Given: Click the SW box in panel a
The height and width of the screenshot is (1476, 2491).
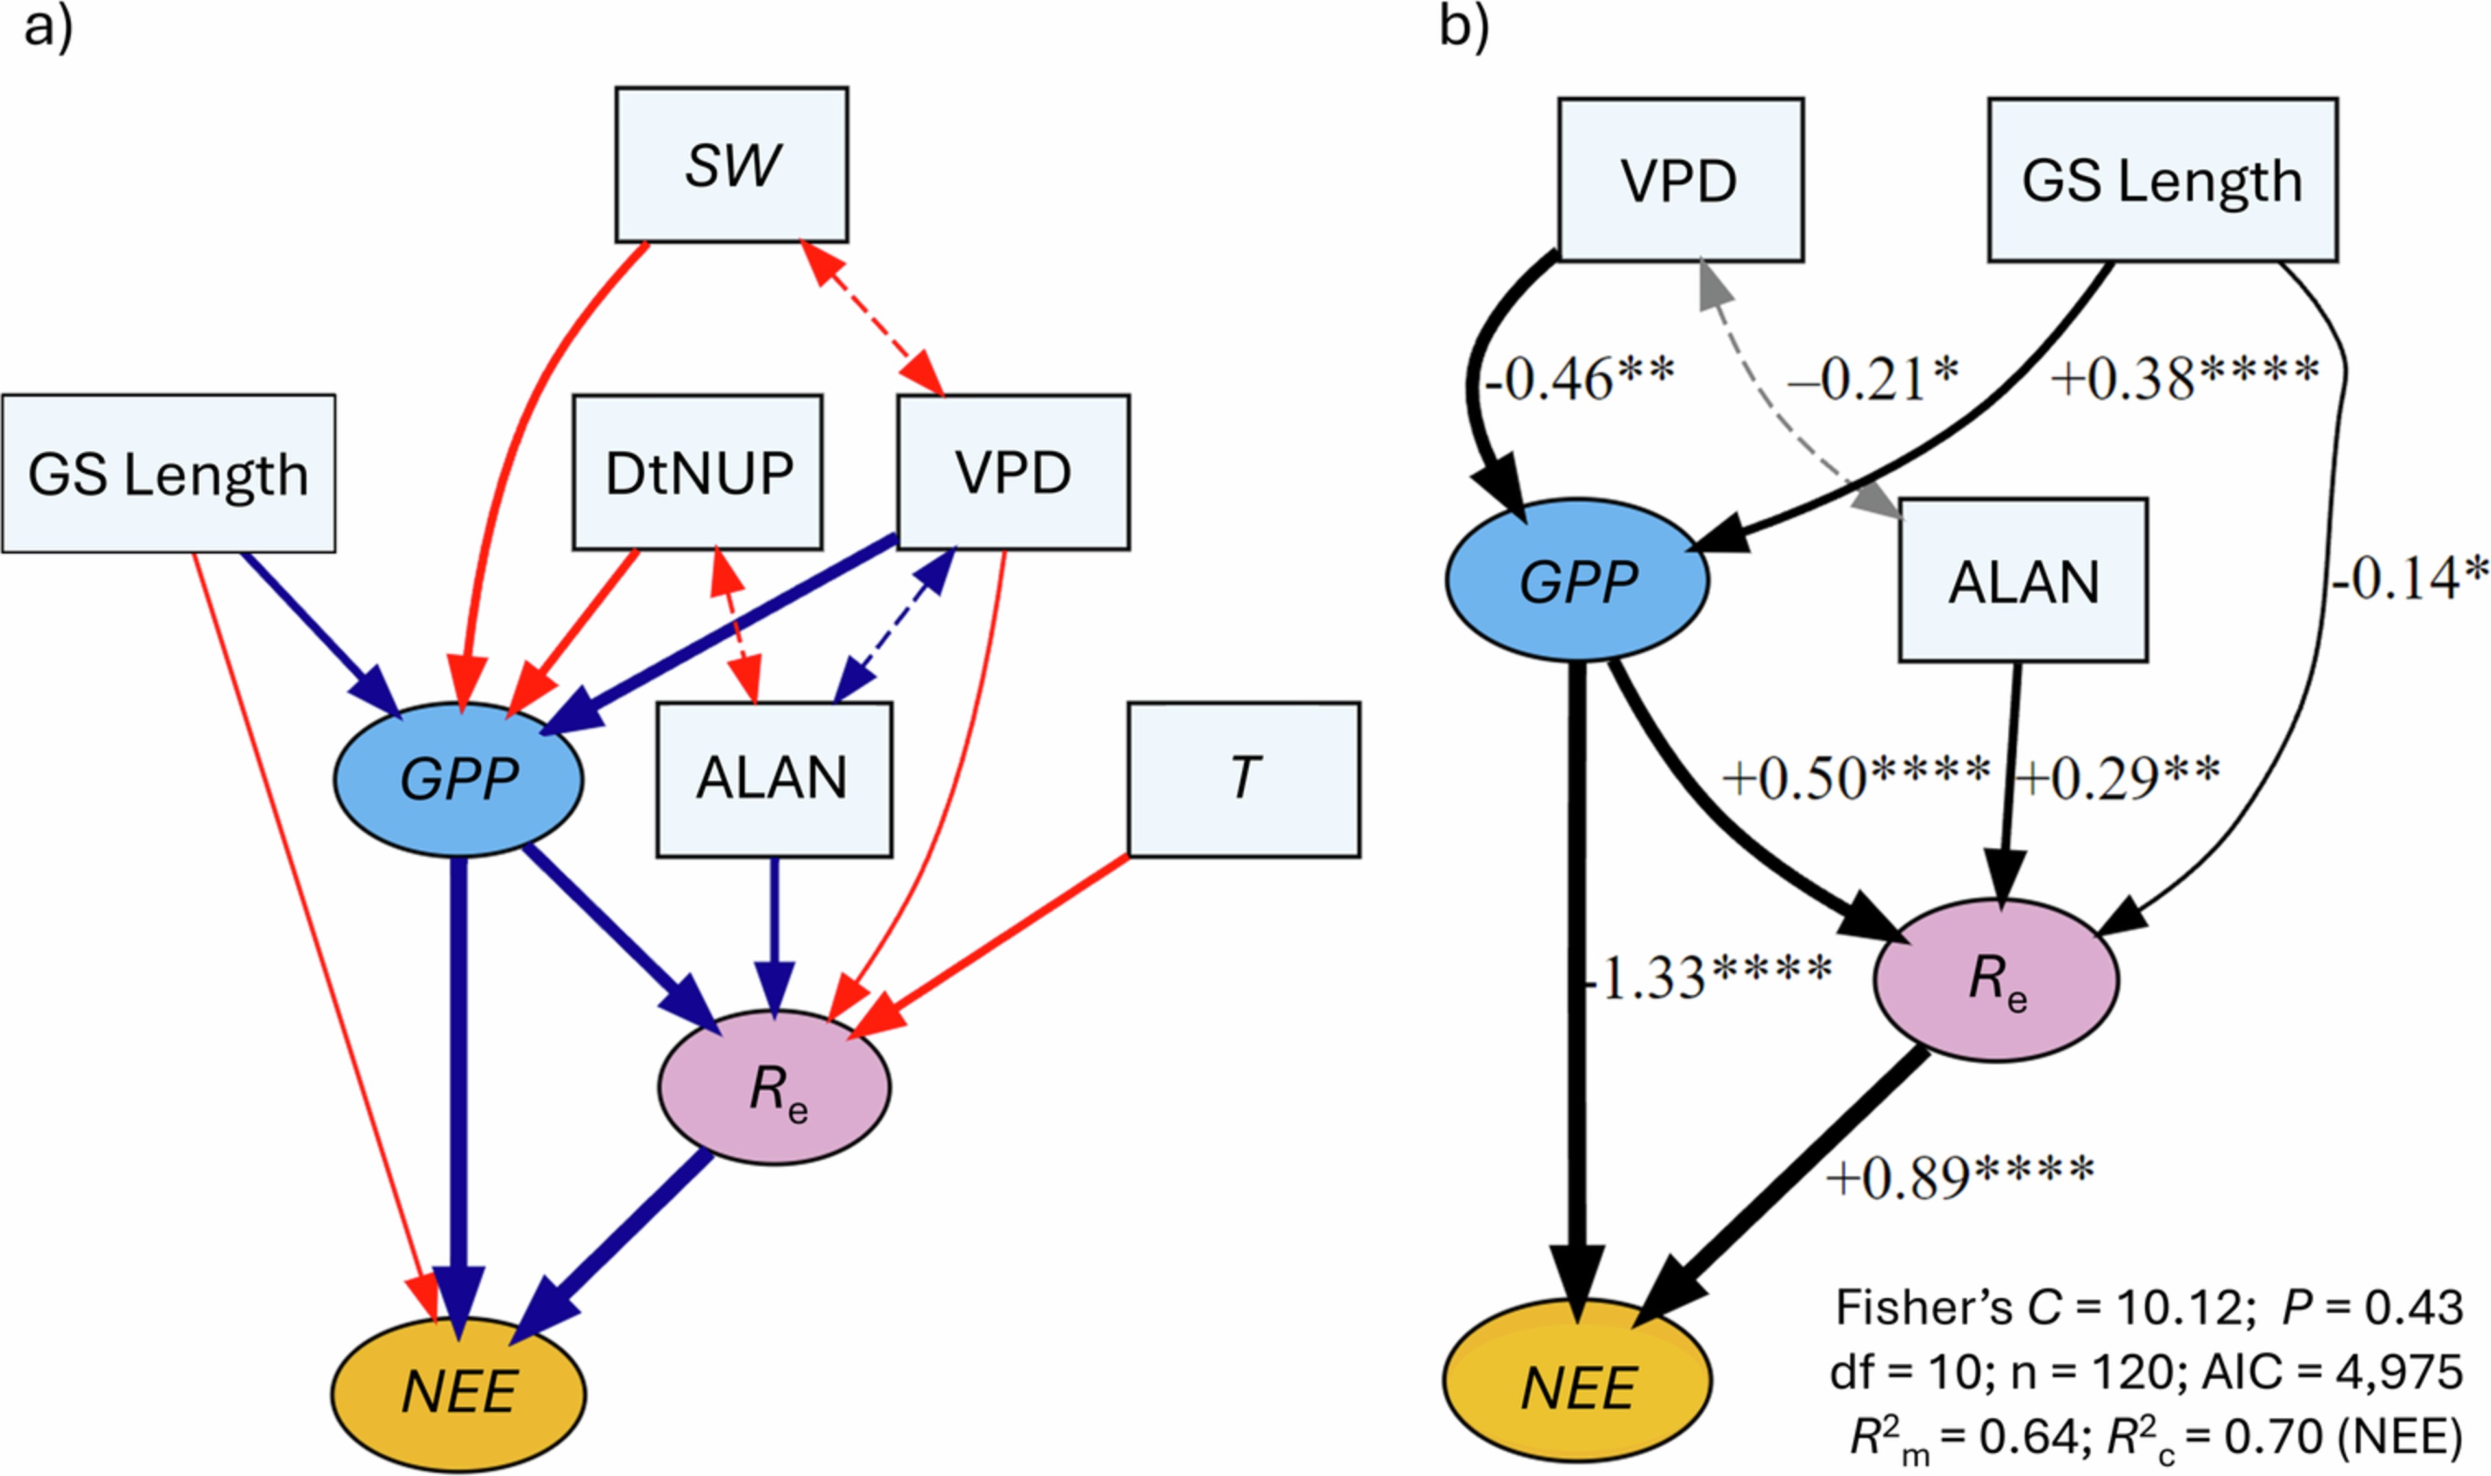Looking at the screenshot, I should tap(731, 164).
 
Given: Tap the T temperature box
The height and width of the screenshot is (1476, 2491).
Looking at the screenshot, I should tap(1244, 779).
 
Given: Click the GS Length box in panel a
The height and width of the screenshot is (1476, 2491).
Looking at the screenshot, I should tap(168, 473).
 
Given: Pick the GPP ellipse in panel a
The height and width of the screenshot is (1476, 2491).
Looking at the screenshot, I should tap(457, 779).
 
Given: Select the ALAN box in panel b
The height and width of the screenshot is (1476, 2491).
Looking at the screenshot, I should tap(2023, 580).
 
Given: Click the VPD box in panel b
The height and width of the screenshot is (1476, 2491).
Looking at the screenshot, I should tap(1679, 180).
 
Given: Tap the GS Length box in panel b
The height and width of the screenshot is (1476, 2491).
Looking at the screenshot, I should tap(2161, 180).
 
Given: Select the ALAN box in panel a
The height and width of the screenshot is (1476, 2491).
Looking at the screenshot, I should tap(773, 779).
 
